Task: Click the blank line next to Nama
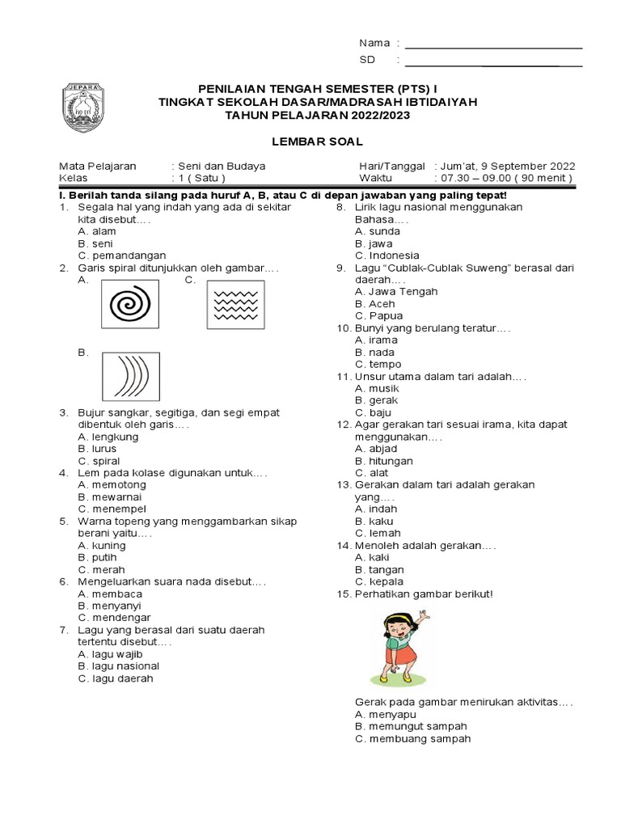click(x=493, y=43)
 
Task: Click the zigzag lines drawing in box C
click(x=235, y=305)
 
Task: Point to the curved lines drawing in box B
click(x=129, y=377)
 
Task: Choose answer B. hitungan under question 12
click(x=384, y=461)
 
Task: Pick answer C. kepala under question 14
click(x=379, y=581)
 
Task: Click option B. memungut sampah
click(x=411, y=726)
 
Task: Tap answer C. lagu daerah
click(x=116, y=678)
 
